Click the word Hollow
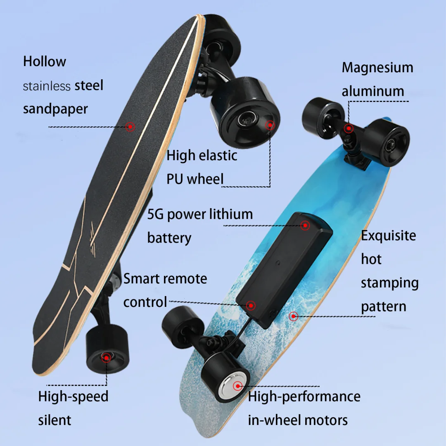coord(44,62)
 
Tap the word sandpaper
coord(55,109)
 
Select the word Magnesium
coord(377,67)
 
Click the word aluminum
coord(372,91)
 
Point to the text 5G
coord(155,214)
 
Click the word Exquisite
coord(388,236)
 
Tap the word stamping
coord(389,283)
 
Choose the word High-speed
coord(73,396)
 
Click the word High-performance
coord(304,396)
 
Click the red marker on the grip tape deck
coord(130,126)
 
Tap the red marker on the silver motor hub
coord(237,386)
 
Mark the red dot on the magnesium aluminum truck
coord(349,128)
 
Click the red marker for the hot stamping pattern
coord(293,316)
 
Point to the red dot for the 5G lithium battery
coord(305,225)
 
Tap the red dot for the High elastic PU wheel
coord(270,125)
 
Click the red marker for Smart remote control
coord(250,305)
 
